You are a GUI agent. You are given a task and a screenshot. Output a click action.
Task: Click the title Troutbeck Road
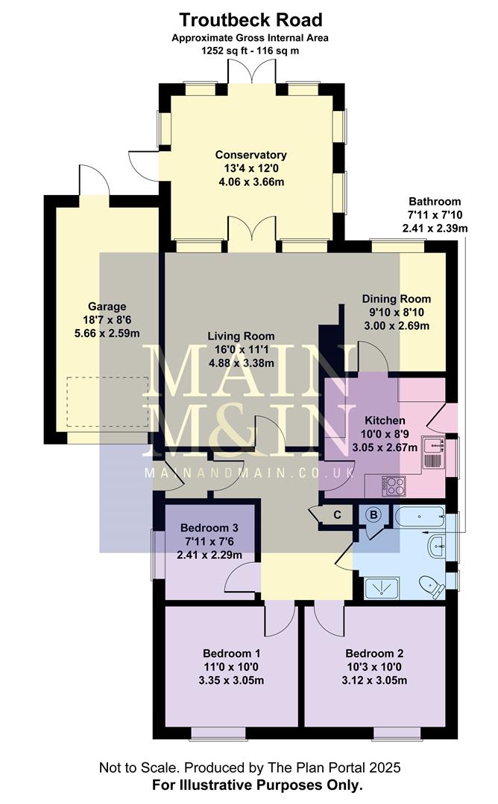coord(250,20)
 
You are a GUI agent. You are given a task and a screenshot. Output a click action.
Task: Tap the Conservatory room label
coord(251,155)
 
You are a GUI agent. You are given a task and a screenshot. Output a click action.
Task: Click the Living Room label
coord(241,336)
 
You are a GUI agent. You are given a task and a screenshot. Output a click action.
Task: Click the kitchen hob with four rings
coord(393,486)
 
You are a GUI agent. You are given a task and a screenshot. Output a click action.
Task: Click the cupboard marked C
coord(337,514)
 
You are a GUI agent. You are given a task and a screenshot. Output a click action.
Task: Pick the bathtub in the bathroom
coord(419,515)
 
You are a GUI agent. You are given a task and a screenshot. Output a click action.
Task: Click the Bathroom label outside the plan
coord(435,202)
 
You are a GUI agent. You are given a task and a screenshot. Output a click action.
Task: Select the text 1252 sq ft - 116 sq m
coord(250,50)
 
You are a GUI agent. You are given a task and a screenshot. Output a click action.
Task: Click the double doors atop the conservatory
coord(250,73)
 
